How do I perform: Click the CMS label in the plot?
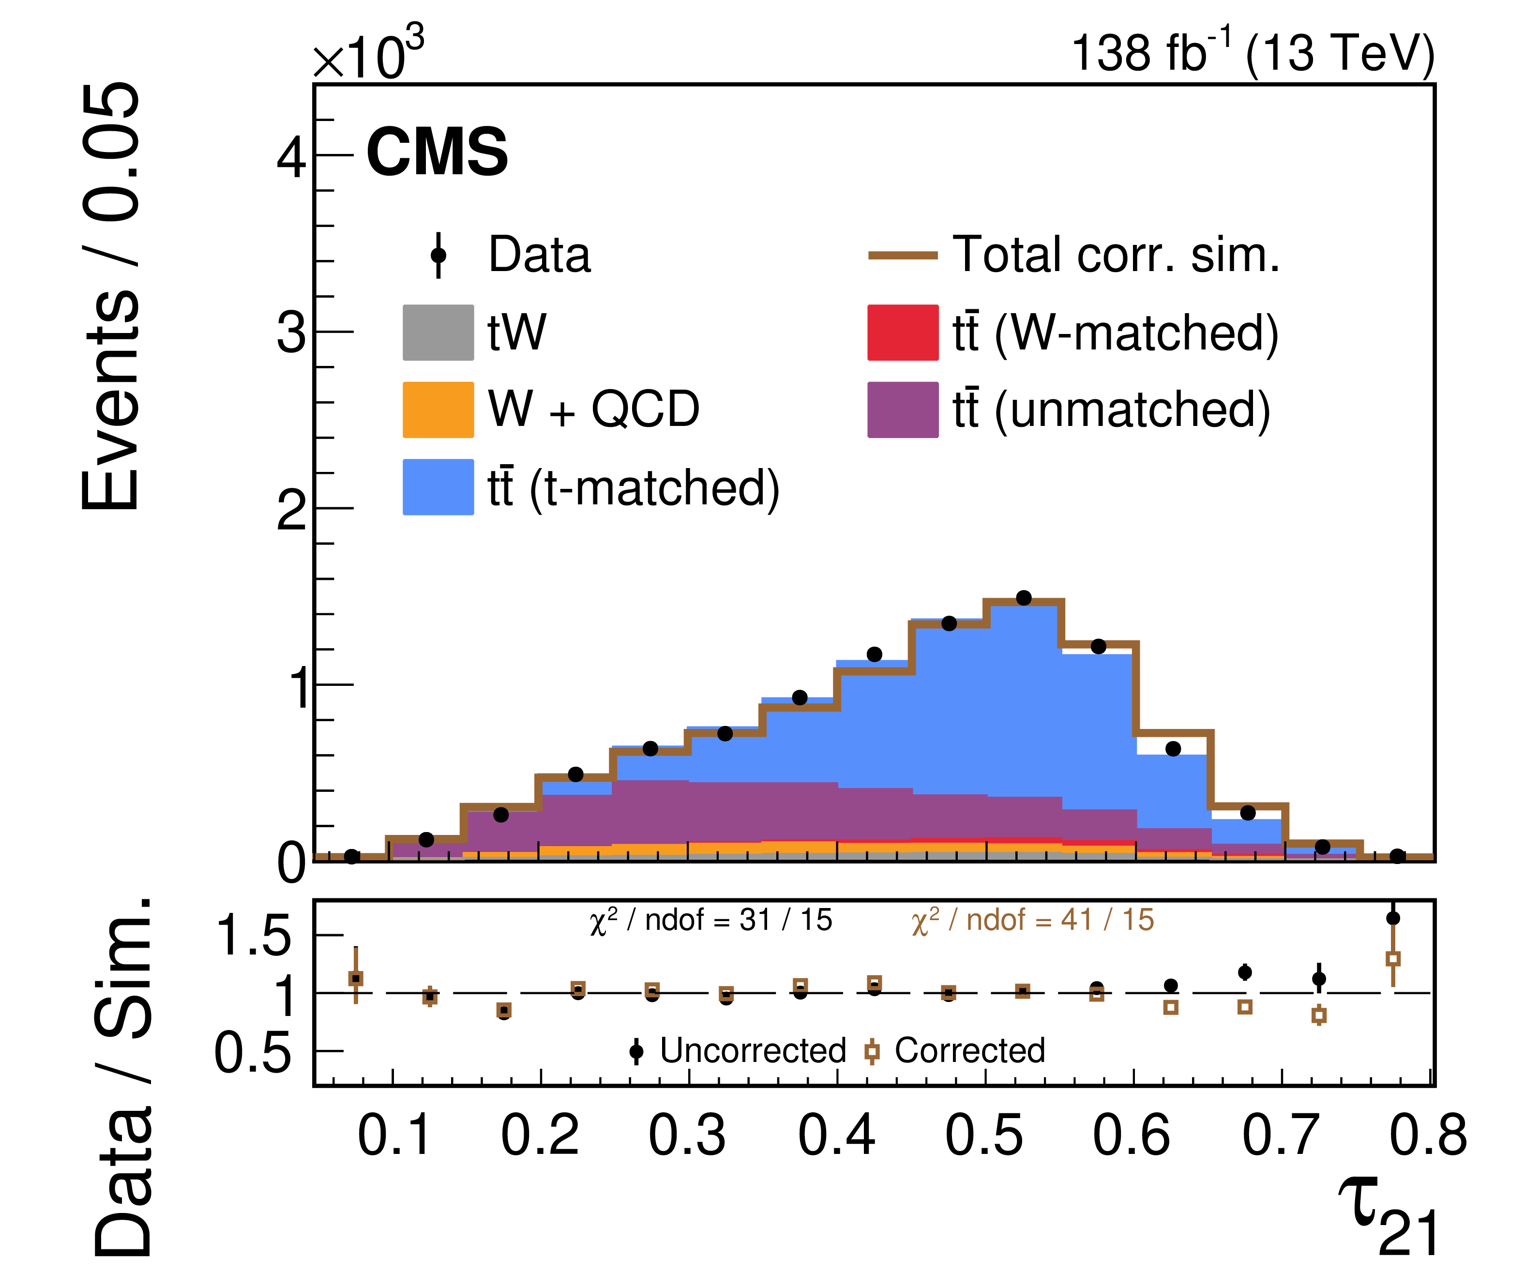[437, 152]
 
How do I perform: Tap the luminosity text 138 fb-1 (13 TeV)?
[1252, 53]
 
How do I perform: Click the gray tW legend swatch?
[438, 332]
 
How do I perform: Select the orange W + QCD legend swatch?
[438, 409]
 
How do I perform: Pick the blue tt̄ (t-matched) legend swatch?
[438, 487]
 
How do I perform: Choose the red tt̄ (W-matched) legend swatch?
[902, 332]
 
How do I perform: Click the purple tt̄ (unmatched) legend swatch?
[902, 409]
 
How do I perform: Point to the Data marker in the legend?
[438, 255]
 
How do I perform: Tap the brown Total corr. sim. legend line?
[902, 255]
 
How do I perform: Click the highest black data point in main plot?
[1024, 598]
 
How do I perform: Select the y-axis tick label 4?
[291, 157]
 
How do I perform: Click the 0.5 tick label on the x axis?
[984, 1136]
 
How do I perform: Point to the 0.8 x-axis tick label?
[1428, 1136]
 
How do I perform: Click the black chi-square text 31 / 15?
[710, 921]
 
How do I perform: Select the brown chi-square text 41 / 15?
[1032, 921]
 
